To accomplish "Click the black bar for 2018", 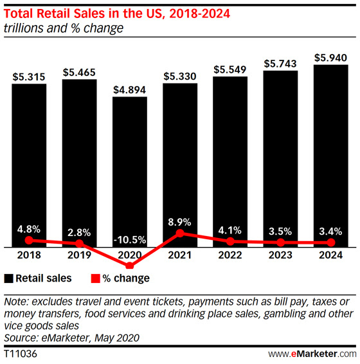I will (29, 161).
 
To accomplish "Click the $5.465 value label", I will (79, 71).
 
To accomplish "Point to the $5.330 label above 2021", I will (179, 76).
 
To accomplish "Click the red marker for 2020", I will (129, 265).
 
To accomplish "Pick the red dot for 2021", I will (180, 233).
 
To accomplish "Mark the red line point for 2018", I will (29, 240).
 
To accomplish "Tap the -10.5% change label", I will (129, 239).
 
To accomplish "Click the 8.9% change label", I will (180, 221).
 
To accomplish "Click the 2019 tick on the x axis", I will (79, 255).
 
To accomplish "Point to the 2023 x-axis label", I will (280, 255).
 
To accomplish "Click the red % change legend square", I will (94, 278).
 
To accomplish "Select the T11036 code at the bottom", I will (20, 354).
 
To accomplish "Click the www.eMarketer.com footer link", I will (311, 354).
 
